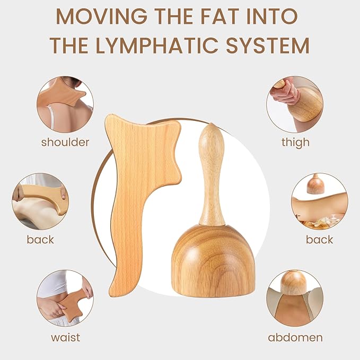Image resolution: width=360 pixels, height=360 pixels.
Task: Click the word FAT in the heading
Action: point(225,16)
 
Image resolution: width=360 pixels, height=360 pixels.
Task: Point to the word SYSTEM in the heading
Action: point(268,45)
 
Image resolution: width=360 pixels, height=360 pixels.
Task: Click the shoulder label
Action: point(65,142)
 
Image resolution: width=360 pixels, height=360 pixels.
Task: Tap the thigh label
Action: point(295,142)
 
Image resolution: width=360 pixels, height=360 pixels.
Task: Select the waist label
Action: point(66,338)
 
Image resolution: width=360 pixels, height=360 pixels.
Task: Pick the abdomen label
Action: point(295,338)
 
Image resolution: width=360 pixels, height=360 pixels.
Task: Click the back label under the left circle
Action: point(40,240)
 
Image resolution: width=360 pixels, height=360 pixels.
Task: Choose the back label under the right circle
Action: point(319,240)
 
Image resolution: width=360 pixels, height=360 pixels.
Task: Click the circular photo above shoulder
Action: point(65,104)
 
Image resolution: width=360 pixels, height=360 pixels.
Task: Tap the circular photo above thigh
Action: point(295,104)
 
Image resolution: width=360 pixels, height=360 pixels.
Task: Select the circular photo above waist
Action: point(65,298)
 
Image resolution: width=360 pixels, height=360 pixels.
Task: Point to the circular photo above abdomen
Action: point(295,298)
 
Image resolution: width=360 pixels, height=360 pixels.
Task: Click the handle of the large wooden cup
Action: point(212,174)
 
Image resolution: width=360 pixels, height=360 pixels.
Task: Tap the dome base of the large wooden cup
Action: point(213,260)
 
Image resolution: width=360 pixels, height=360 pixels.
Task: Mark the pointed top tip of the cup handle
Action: point(211,124)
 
